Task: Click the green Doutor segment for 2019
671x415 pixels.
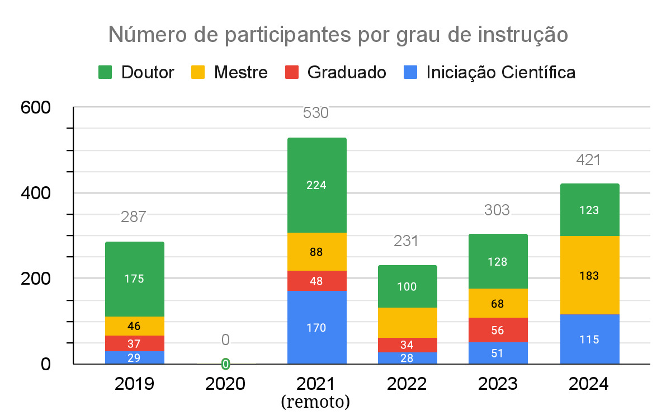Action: tap(134, 279)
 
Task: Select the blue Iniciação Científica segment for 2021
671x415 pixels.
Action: tap(316, 327)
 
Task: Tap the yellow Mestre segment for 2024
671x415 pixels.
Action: tap(589, 275)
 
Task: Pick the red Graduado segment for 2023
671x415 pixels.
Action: tap(498, 330)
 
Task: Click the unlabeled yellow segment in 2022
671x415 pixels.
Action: tap(407, 323)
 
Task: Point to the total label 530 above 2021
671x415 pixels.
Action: tap(316, 113)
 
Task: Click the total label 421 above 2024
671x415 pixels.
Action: tap(588, 160)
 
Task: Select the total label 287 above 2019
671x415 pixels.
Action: tap(134, 217)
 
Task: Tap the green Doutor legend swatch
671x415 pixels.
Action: tap(105, 72)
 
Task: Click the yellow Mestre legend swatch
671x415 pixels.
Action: tap(198, 72)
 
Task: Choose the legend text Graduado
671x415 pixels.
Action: tap(347, 72)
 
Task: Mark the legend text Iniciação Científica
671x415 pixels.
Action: tap(500, 72)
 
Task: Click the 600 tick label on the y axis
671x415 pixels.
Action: tap(36, 107)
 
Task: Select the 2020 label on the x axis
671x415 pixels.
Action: tap(225, 384)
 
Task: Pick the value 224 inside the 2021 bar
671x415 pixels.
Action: tap(316, 185)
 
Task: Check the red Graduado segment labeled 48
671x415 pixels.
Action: tap(316, 281)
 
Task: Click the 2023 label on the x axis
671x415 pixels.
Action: tap(497, 384)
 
